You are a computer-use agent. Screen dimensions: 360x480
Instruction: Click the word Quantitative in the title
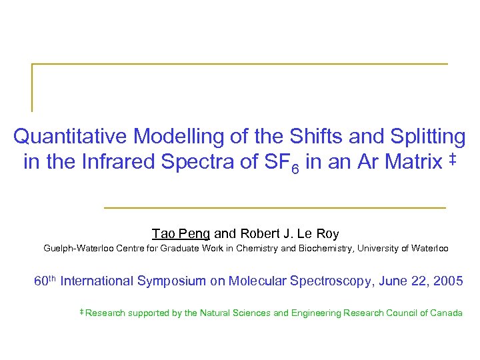[x=70, y=137]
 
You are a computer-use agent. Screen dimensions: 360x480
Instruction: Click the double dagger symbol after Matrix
[x=453, y=159]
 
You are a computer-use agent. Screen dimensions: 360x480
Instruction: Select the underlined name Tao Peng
[x=181, y=234]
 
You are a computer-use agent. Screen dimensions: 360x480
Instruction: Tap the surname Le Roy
[x=317, y=234]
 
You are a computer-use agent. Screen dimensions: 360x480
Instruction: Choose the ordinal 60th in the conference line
[x=45, y=281]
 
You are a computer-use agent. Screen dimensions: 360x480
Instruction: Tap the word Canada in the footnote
[x=446, y=313]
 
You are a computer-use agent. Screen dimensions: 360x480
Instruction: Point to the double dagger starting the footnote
[x=81, y=311]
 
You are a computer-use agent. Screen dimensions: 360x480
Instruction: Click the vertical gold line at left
[x=31, y=87]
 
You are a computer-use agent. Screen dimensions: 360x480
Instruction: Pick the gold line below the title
[x=275, y=208]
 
